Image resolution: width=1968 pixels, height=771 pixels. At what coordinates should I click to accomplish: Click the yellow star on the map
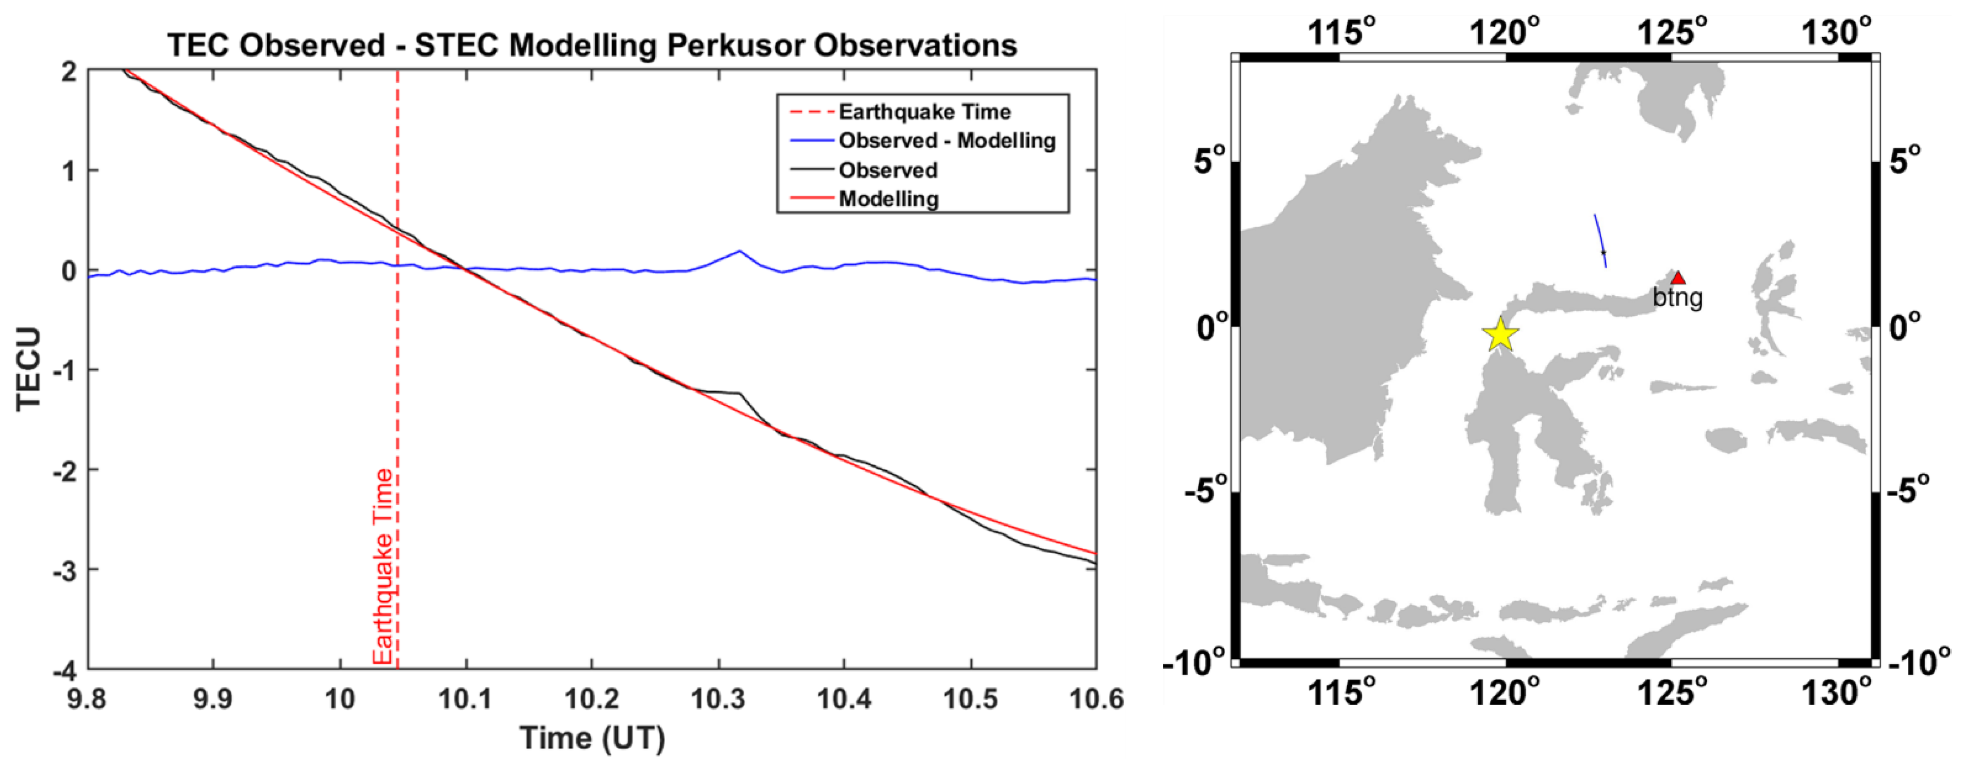(x=1500, y=335)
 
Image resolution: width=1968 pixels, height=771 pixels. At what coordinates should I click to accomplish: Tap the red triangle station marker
(x=1678, y=278)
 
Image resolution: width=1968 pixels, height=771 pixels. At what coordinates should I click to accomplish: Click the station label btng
(x=1678, y=297)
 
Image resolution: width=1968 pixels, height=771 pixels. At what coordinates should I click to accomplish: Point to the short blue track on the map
(x=1600, y=241)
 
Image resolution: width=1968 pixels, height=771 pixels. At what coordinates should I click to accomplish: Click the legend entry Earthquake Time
(x=924, y=112)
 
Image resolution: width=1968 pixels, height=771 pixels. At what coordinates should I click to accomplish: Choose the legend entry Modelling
(x=888, y=199)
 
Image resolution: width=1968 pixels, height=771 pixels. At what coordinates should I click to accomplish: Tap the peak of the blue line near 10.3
(x=739, y=251)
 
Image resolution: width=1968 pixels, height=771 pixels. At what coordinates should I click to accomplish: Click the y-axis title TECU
(x=29, y=369)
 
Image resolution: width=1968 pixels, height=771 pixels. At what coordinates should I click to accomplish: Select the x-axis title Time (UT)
(x=592, y=737)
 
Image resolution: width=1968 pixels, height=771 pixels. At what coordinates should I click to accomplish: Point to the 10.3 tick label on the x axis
(x=717, y=698)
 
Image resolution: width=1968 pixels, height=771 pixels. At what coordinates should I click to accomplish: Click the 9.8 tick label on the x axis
(x=87, y=698)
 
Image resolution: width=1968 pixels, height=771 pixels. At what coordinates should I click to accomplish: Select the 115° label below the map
(x=1341, y=693)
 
